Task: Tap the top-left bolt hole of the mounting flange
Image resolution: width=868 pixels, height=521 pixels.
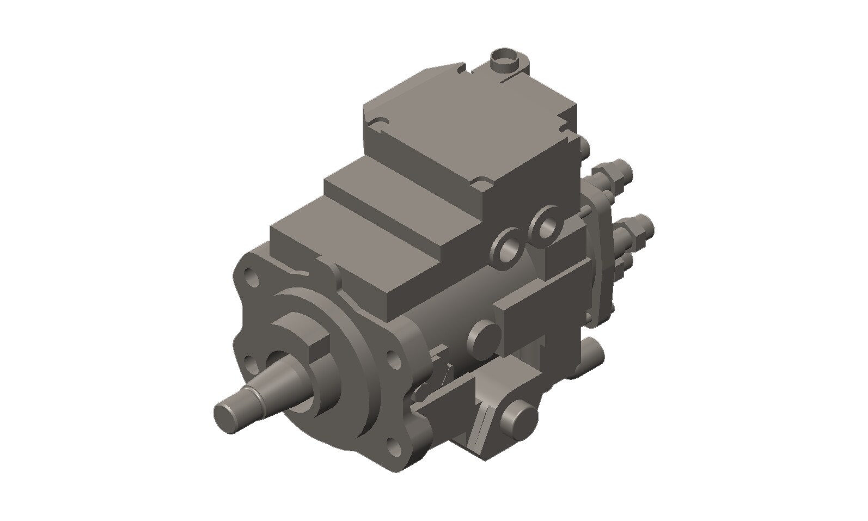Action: (x=252, y=278)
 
